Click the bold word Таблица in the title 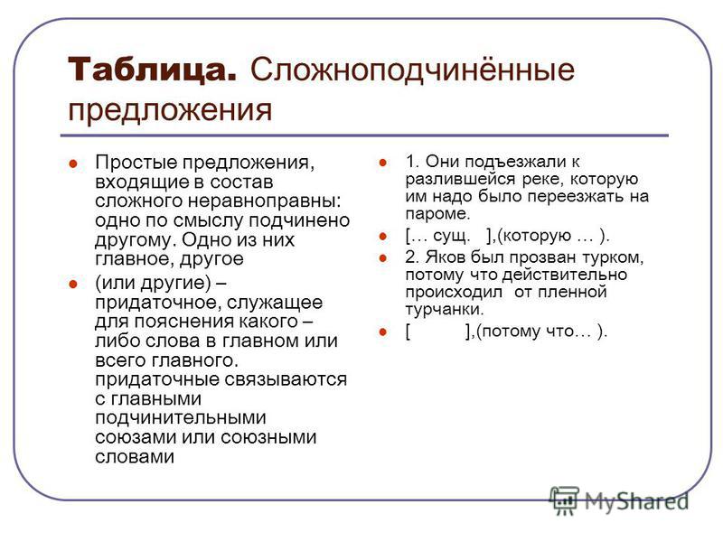click(153, 70)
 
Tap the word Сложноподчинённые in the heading click(412, 70)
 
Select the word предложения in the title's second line click(170, 110)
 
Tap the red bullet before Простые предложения click(73, 164)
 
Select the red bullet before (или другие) click(73, 284)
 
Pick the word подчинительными click(181, 417)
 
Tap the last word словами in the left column click(135, 456)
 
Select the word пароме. click(437, 214)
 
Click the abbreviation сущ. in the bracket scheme click(452, 236)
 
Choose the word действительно click(564, 275)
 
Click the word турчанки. click(445, 309)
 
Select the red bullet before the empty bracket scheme click(382, 332)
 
